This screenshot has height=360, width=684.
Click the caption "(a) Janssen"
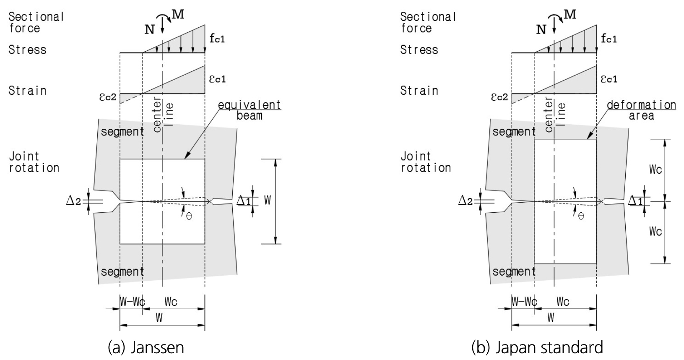[146, 348]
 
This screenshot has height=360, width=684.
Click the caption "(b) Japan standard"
[537, 348]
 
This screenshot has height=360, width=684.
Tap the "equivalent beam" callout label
[250, 110]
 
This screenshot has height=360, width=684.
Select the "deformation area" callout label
[641, 110]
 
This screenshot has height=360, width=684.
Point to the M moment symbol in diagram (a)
[178, 14]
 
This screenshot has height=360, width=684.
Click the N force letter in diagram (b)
[541, 30]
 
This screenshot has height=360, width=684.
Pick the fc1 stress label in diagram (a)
[217, 39]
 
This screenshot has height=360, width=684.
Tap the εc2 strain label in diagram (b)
[499, 97]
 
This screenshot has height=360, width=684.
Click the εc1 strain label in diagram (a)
[217, 79]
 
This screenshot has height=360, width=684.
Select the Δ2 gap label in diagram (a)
[73, 201]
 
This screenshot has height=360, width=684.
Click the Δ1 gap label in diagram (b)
[635, 201]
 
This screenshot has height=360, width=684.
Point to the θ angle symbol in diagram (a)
[189, 217]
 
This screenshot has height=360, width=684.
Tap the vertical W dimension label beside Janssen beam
[267, 200]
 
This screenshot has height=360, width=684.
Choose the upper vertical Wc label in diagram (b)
[655, 170]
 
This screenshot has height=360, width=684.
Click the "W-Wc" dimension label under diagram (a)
[132, 302]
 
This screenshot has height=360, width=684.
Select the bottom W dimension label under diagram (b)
[551, 318]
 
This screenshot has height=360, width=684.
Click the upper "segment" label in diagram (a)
[122, 132]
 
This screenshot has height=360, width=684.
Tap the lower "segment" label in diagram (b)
[514, 271]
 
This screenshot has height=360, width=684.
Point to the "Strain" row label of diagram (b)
[419, 91]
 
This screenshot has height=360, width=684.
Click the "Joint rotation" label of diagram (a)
[34, 162]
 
